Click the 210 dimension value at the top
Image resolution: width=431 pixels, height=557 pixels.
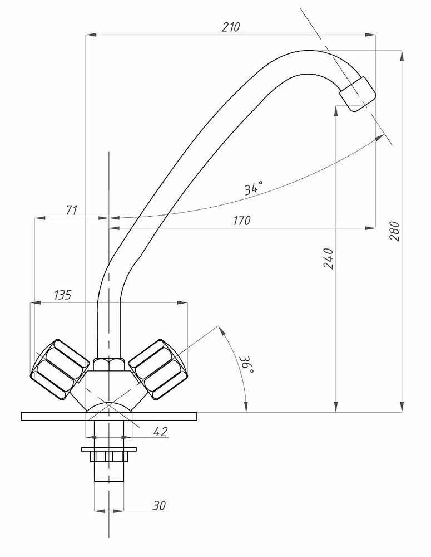(231, 27)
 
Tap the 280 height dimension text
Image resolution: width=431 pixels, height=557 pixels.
(394, 231)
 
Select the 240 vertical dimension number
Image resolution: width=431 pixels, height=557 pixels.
(329, 258)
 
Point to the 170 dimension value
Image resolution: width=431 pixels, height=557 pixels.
(241, 221)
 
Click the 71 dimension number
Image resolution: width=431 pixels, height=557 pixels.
(72, 211)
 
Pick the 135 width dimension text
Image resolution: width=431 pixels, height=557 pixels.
(63, 295)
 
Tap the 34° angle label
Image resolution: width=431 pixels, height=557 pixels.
(254, 187)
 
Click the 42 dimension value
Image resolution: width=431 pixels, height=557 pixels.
(160, 432)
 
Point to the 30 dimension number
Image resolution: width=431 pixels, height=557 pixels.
(159, 506)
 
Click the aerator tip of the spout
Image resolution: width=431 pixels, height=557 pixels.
(357, 94)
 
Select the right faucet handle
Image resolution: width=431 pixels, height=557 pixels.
(157, 369)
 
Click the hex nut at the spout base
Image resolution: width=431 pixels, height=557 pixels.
(109, 364)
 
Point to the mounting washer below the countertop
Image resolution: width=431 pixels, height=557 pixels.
(109, 449)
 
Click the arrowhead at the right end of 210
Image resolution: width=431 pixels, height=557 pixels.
(371, 35)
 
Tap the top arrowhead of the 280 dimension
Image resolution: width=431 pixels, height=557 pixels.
(402, 56)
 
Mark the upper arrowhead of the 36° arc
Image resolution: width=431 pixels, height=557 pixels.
(222, 330)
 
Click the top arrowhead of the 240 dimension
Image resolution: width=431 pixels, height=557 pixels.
(336, 111)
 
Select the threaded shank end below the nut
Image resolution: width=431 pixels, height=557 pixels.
(109, 471)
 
